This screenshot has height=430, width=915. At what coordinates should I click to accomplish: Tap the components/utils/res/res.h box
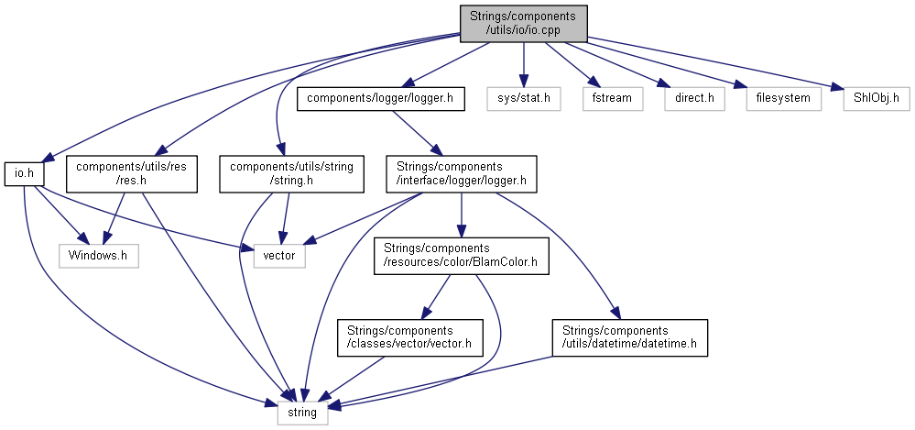click(132, 173)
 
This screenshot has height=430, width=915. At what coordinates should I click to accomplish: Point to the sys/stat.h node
click(523, 96)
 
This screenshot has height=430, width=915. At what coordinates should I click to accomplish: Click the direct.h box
click(689, 96)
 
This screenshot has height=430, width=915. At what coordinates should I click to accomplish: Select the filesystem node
click(783, 96)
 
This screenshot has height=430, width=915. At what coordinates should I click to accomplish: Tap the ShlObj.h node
click(870, 96)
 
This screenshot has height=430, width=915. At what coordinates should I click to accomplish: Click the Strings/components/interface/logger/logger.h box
click(460, 173)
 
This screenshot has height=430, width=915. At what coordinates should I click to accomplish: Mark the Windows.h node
click(98, 255)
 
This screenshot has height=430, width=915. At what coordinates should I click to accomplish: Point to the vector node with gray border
click(279, 255)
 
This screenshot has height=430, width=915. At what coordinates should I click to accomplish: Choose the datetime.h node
click(629, 336)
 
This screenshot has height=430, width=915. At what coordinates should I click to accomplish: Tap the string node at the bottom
click(302, 413)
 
